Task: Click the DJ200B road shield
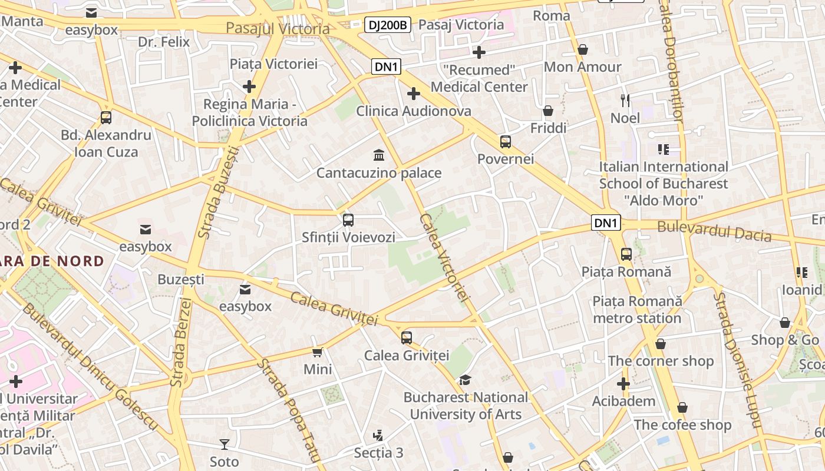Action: [388, 25]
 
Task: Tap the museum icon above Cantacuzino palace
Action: [379, 155]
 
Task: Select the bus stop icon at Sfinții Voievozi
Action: [348, 220]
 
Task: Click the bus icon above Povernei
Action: [506, 141]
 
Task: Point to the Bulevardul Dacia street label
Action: [714, 231]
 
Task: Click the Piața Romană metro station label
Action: [637, 310]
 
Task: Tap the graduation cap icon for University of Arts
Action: [466, 380]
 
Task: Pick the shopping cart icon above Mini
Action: [318, 352]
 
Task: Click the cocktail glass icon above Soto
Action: [224, 444]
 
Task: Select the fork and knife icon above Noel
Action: [625, 100]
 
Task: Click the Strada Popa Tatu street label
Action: [288, 410]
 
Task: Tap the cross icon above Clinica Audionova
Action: [414, 94]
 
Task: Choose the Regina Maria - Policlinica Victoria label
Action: [249, 112]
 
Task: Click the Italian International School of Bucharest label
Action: [664, 183]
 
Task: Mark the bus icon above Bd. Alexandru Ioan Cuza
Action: [106, 117]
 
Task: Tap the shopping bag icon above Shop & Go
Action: [785, 323]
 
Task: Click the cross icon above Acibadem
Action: [623, 384]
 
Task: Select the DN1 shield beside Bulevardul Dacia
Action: [606, 223]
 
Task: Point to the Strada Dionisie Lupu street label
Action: [737, 359]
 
